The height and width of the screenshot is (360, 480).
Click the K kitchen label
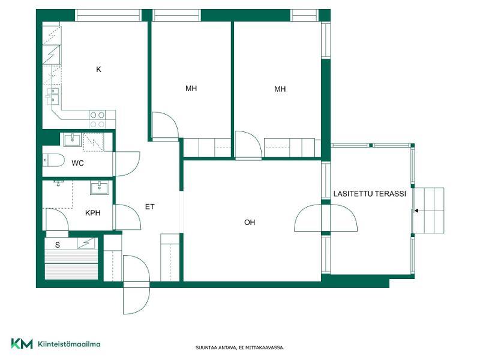pos(98,70)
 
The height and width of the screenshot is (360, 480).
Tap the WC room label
pos(77,163)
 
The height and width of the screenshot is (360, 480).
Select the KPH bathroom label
pos(93,213)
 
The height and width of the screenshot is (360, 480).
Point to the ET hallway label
pos(149,207)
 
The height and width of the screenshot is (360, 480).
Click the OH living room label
pos(250,223)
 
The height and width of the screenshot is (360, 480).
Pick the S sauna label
pos(58,245)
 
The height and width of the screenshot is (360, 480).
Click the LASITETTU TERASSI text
pos(370,194)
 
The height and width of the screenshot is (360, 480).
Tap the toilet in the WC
pos(53,160)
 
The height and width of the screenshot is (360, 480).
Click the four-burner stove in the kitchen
pos(97,119)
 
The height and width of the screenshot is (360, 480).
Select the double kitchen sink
pos(53,95)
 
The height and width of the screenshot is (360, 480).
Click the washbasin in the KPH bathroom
pos(99,187)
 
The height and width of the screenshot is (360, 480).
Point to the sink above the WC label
pos(72,140)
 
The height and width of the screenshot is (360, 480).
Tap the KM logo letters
pos(22,344)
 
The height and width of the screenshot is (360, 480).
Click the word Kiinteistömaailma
pos(69,344)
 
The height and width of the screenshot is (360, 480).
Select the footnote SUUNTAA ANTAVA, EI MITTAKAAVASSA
pos(239,348)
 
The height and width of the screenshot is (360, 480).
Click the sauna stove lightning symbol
pos(86,244)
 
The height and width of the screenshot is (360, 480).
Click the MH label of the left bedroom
pos(191,89)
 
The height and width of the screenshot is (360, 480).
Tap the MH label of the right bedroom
pos(280,89)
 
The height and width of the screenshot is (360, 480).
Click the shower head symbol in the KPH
pos(58,183)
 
